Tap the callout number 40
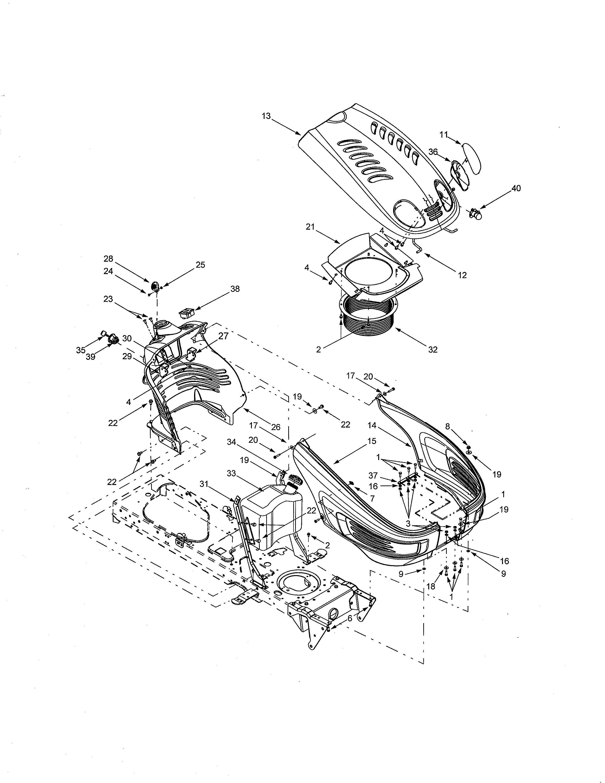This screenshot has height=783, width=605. (516, 188)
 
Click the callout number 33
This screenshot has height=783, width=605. (231, 473)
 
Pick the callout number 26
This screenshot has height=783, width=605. (276, 427)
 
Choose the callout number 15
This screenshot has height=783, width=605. (372, 441)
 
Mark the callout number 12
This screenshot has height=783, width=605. (462, 275)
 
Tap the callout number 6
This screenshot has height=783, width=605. (350, 618)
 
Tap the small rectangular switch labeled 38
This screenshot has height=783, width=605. (187, 314)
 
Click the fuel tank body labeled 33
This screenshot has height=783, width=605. (271, 513)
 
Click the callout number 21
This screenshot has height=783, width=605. (310, 227)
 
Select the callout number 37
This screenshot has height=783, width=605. (373, 475)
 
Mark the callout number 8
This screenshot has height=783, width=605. (447, 426)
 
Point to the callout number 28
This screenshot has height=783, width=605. (108, 258)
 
